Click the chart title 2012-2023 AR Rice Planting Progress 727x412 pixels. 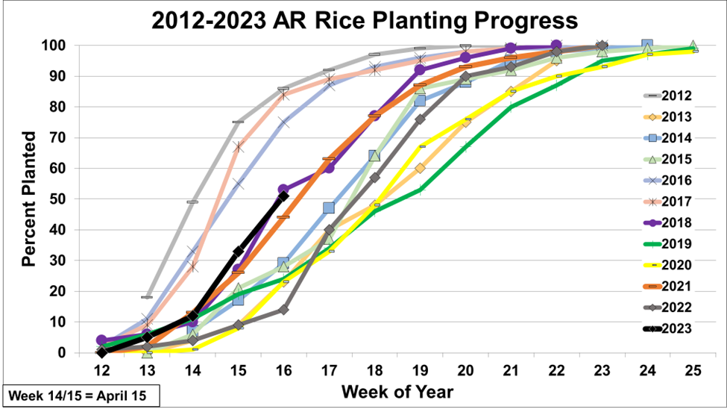[x=365, y=20]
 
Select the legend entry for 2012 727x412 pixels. [x=679, y=96]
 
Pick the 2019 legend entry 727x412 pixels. [x=679, y=244]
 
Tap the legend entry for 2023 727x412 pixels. [x=679, y=328]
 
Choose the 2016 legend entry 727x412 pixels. [x=679, y=181]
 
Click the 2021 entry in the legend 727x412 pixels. [x=679, y=287]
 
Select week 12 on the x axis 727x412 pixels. [x=102, y=369]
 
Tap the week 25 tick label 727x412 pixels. [x=693, y=369]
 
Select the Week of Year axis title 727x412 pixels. [x=397, y=392]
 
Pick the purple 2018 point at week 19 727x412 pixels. [x=420, y=70]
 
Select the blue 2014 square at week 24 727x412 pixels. [x=647, y=46]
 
